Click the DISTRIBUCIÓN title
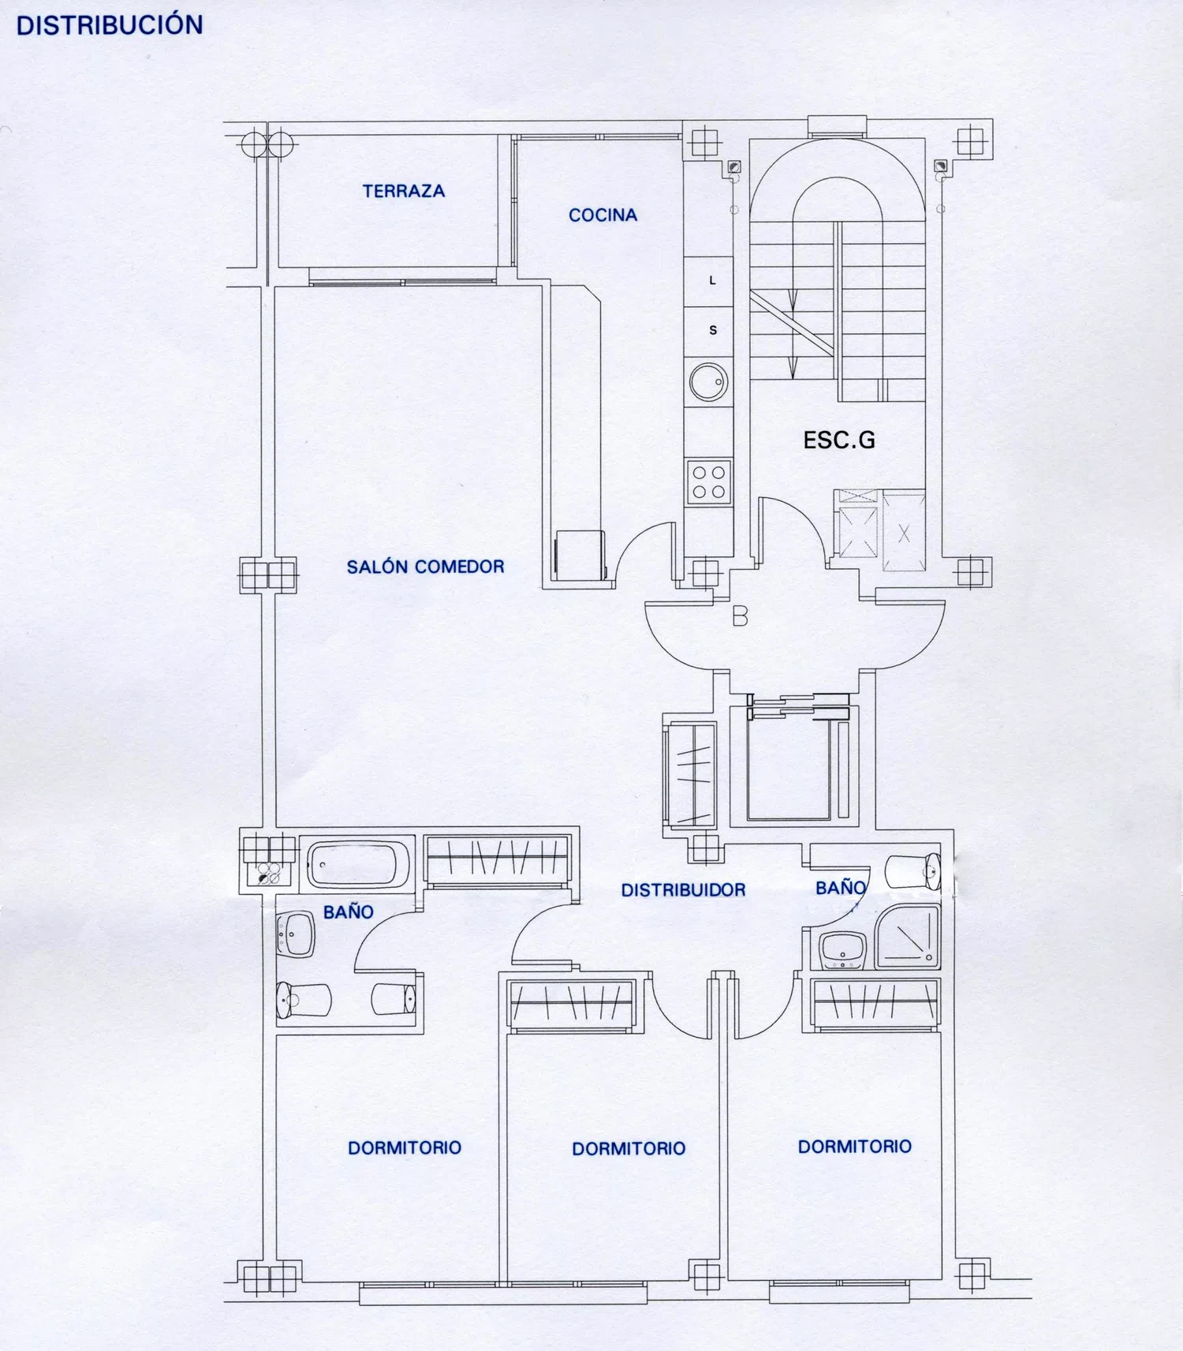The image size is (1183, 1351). (110, 24)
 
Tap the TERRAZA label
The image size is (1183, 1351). (404, 191)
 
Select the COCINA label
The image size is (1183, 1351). (603, 215)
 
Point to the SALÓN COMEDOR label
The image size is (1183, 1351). (425, 567)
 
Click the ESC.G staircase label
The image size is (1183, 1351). (839, 440)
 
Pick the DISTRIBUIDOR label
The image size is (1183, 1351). (683, 890)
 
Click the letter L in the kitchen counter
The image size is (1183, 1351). (712, 280)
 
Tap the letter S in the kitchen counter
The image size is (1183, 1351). (713, 330)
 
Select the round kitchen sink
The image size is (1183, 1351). (709, 383)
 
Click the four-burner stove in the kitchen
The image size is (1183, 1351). (709, 482)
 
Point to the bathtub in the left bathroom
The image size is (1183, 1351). (357, 864)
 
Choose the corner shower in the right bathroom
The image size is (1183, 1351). (908, 937)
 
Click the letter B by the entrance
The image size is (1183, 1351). (740, 616)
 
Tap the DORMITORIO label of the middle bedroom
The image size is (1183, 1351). (629, 1148)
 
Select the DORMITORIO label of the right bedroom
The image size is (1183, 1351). (855, 1147)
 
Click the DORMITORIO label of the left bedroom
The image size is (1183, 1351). (405, 1147)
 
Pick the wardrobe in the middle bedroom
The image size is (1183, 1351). (571, 1005)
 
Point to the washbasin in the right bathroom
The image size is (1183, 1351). (843, 951)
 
